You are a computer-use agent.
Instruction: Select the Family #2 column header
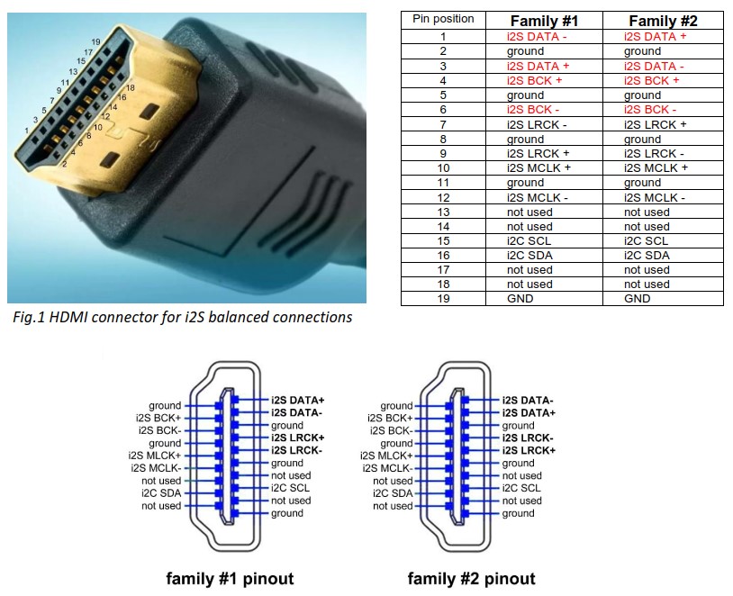tap(663, 21)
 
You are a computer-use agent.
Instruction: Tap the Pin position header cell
tap(443, 19)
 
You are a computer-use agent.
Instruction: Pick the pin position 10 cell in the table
tap(443, 167)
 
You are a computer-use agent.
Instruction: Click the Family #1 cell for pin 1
tap(538, 37)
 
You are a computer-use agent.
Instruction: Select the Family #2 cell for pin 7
tap(655, 124)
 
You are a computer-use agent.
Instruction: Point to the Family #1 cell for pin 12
tap(538, 197)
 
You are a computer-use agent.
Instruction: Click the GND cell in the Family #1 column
tap(520, 298)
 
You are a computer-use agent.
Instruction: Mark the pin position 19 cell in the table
tap(443, 298)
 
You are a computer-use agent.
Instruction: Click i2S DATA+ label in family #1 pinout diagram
tap(299, 399)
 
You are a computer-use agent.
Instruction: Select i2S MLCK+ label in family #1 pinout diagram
tap(154, 456)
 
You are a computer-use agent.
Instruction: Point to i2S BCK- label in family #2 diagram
tap(389, 430)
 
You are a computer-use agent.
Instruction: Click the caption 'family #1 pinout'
tap(230, 578)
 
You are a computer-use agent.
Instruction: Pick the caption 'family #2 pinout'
tap(471, 578)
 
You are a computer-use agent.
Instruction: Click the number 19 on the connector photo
tap(95, 42)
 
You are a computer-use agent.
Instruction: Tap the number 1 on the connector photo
tap(26, 131)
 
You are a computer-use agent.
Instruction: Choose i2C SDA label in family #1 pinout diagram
tap(160, 493)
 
